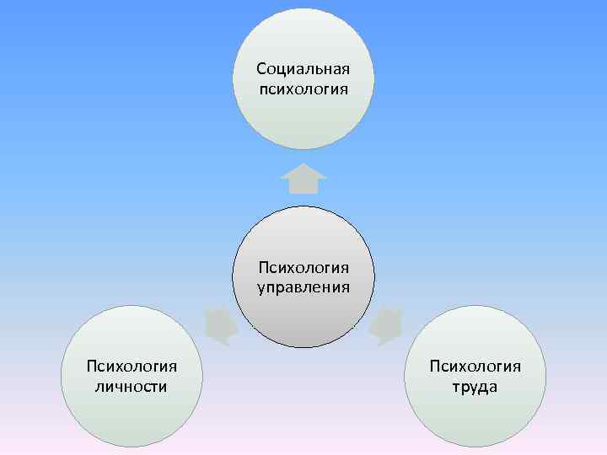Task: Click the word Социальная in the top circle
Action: tap(303, 68)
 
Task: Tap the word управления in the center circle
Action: tap(303, 287)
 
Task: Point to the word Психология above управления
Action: tap(303, 269)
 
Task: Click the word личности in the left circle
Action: tap(133, 386)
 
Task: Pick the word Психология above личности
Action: tap(132, 367)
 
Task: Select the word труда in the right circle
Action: tap(475, 387)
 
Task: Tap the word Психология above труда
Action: tap(475, 367)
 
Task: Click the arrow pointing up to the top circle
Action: tap(303, 178)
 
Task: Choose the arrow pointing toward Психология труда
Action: tap(386, 326)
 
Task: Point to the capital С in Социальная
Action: tap(261, 68)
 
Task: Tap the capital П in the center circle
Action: tap(264, 269)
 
